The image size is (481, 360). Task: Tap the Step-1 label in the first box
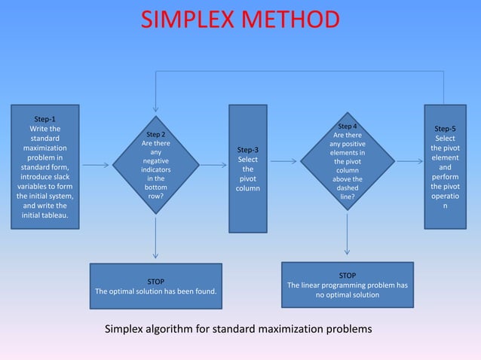click(x=44, y=118)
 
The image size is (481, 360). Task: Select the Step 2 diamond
click(x=155, y=165)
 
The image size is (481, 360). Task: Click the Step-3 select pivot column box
click(x=248, y=169)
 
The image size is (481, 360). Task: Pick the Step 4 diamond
click(x=347, y=160)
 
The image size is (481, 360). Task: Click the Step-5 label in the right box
click(x=445, y=129)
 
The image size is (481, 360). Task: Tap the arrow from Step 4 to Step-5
click(x=409, y=160)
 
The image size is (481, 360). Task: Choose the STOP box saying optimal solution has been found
click(x=155, y=286)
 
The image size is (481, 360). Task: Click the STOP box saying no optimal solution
click(x=347, y=285)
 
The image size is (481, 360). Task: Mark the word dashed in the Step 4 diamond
click(x=347, y=188)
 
